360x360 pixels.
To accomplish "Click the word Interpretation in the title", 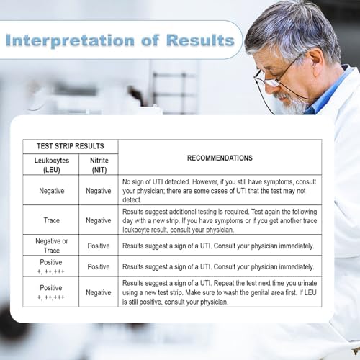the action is [70, 40].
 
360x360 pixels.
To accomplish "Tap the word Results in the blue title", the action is [200, 40].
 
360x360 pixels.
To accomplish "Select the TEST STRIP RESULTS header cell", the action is [71, 146].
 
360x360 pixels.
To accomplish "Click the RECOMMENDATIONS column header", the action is [220, 158].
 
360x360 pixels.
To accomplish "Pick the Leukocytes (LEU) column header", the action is [52, 165].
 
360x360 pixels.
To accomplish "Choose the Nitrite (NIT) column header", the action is [99, 165].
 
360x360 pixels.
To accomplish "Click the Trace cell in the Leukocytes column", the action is [52, 220].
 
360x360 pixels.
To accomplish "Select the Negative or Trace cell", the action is [52, 246].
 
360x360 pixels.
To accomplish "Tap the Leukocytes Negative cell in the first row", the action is [52, 191].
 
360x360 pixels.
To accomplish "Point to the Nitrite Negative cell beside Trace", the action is [99, 220].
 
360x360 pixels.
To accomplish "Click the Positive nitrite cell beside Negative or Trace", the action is [99, 246].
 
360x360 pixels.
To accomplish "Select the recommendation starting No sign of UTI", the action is [219, 191].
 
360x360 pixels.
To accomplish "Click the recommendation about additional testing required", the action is [220, 220].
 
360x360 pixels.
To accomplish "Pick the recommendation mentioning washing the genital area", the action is [220, 292].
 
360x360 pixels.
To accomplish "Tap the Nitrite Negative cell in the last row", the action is [99, 292].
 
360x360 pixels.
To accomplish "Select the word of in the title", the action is [150, 40].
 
